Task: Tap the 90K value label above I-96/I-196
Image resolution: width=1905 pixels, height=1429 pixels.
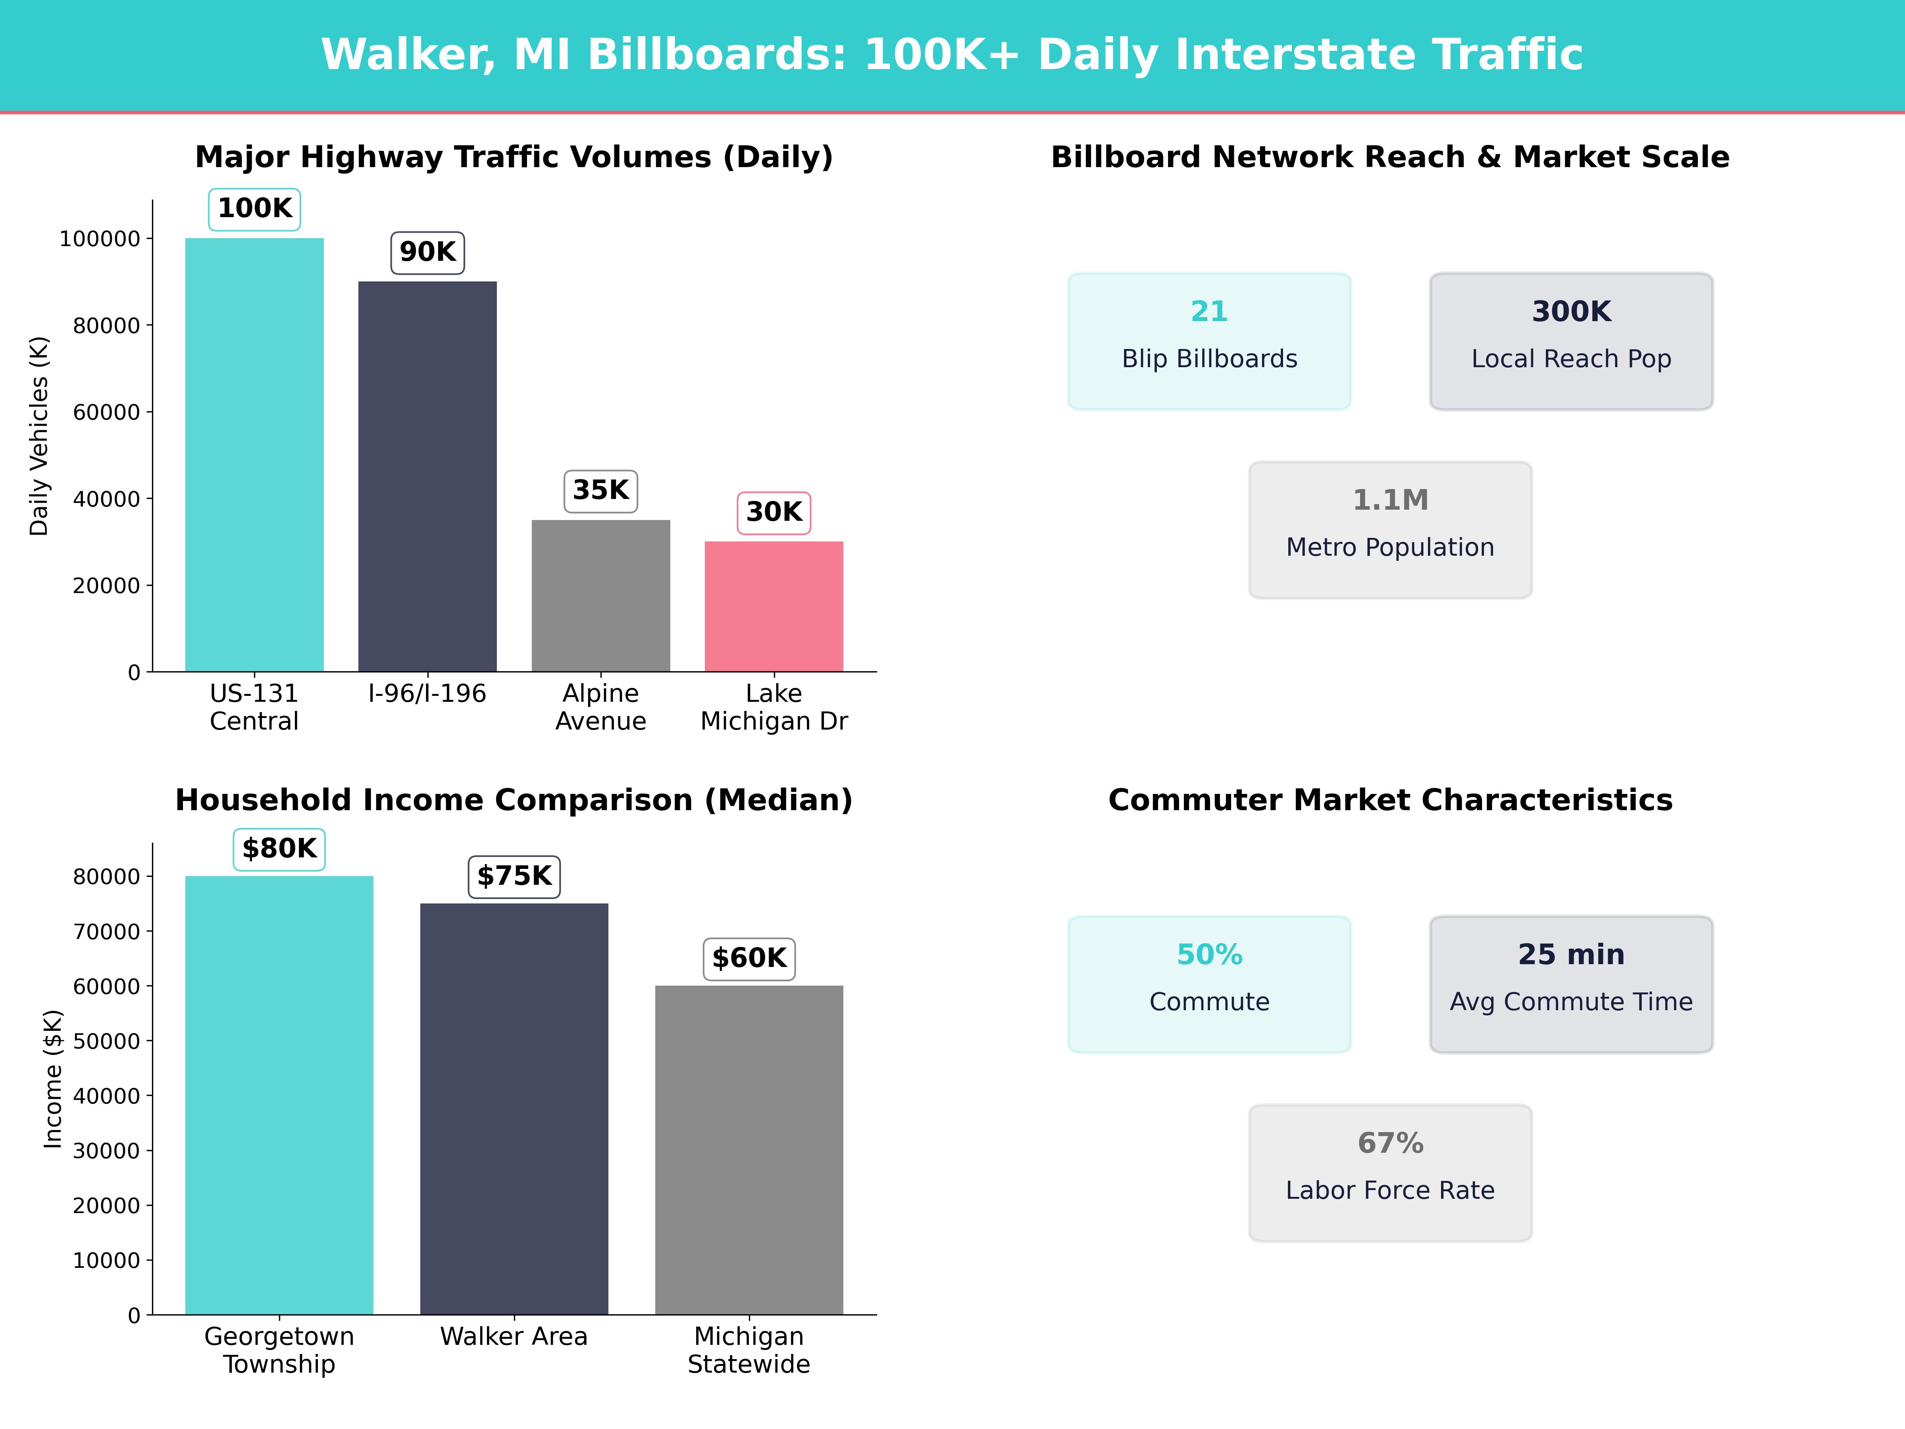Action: [427, 252]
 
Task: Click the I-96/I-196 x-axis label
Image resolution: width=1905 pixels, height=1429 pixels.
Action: [427, 693]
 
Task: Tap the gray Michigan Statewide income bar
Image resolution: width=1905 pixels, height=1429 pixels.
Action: [749, 1150]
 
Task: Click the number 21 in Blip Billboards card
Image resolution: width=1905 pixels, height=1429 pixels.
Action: [1209, 312]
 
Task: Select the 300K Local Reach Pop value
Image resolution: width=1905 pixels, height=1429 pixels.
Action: [1571, 312]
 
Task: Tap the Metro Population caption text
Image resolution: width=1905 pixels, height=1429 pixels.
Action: [1390, 548]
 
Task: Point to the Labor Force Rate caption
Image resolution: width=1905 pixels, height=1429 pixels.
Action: [1390, 1190]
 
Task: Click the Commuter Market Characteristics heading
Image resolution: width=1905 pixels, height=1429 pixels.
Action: [1390, 800]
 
